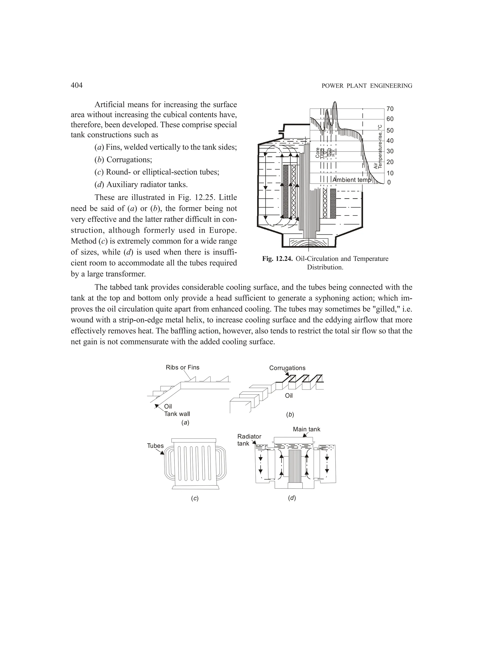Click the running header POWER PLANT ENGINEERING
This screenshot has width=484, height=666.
coord(367,86)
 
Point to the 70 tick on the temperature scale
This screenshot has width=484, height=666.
coord(390,109)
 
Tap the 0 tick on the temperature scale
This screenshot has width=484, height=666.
coord(389,182)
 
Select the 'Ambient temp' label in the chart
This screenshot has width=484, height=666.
coord(352,180)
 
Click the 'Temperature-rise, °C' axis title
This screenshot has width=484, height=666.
coord(380,147)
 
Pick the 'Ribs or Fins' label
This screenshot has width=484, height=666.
coord(182,367)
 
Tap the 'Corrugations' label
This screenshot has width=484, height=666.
coord(287,368)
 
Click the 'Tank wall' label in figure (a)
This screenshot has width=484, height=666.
coord(177,414)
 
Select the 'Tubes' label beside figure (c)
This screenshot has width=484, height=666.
coord(155,446)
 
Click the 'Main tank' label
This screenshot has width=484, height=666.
coord(306,429)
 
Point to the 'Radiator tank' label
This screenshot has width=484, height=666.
coord(249,440)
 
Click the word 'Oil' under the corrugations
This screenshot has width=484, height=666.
coord(289,396)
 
